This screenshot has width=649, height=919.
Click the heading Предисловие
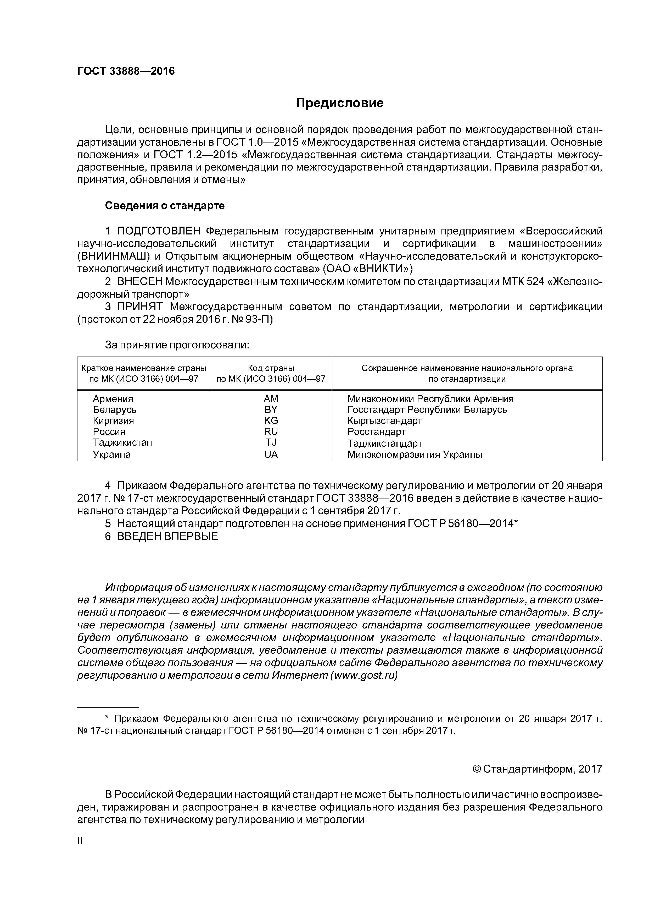point(339,103)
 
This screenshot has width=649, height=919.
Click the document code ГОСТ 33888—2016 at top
point(126,71)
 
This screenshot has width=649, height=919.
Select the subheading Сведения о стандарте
point(165,206)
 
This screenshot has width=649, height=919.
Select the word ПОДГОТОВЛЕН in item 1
point(159,231)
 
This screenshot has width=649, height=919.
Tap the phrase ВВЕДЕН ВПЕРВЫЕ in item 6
point(167,536)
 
